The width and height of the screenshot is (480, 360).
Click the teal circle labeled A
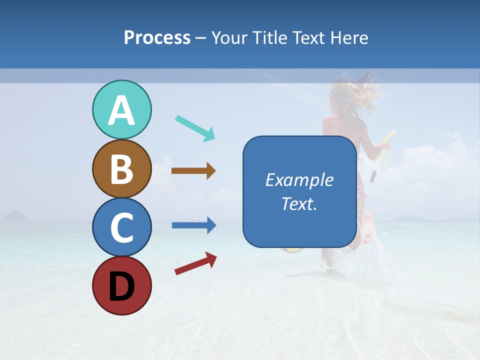click(121, 110)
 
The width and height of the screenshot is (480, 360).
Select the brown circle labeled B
click(121, 169)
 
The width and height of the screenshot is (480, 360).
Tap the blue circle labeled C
click(121, 227)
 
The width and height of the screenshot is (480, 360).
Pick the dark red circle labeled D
click(121, 286)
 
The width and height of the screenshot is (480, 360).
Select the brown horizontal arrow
click(193, 171)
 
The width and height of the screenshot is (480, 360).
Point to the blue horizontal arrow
click(193, 225)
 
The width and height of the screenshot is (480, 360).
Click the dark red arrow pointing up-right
click(195, 263)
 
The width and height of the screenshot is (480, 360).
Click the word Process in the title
click(157, 38)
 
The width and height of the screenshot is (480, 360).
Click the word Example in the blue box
click(299, 180)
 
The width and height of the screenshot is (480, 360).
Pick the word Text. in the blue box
click(299, 204)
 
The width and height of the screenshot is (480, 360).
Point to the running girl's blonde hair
click(357, 92)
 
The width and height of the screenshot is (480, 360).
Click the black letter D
click(121, 286)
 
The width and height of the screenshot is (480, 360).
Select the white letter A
click(121, 111)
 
